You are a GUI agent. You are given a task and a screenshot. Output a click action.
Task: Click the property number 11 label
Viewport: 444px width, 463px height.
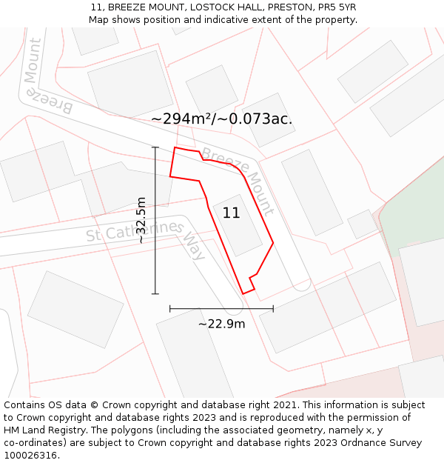coord(231,213)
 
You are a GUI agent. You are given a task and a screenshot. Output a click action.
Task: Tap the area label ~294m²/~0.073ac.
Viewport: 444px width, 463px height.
coord(221,119)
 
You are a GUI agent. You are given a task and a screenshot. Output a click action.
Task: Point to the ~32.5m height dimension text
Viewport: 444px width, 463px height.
coord(141,220)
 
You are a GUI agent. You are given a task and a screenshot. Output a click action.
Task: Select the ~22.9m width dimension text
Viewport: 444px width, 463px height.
coord(221,323)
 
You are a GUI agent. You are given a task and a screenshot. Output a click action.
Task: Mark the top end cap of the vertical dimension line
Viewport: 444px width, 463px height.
coord(155,147)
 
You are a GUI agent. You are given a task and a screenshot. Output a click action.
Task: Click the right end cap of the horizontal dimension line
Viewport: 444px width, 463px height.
coord(273,308)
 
